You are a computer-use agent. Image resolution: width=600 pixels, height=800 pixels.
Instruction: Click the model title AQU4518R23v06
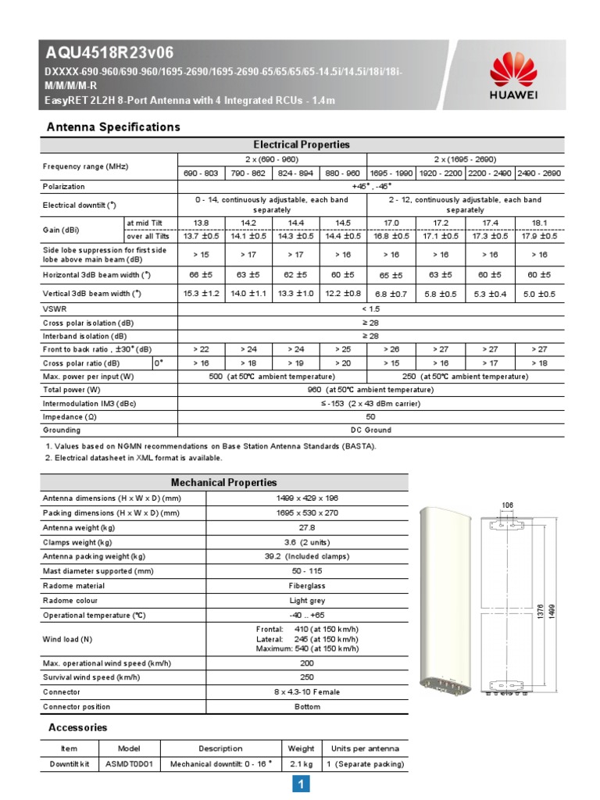pos(109,53)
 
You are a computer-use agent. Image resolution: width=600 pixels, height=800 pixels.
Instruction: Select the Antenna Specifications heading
pos(113,127)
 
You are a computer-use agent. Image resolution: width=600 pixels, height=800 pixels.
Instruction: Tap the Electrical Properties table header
pos(301,145)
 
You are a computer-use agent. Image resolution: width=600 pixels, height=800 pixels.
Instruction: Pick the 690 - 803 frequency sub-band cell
pos(202,173)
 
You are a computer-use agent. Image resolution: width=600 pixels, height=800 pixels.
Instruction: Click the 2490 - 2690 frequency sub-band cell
pos(539,173)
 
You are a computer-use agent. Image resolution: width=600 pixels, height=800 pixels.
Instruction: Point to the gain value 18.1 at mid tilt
pos(539,223)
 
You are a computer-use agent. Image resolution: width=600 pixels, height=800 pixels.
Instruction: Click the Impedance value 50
pos(370,416)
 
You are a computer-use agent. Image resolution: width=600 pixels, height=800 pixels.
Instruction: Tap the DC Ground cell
pos(370,430)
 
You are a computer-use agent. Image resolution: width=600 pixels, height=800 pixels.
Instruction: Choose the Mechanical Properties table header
pos(223,482)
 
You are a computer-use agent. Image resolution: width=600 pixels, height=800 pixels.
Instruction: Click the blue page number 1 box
pos(301,784)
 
